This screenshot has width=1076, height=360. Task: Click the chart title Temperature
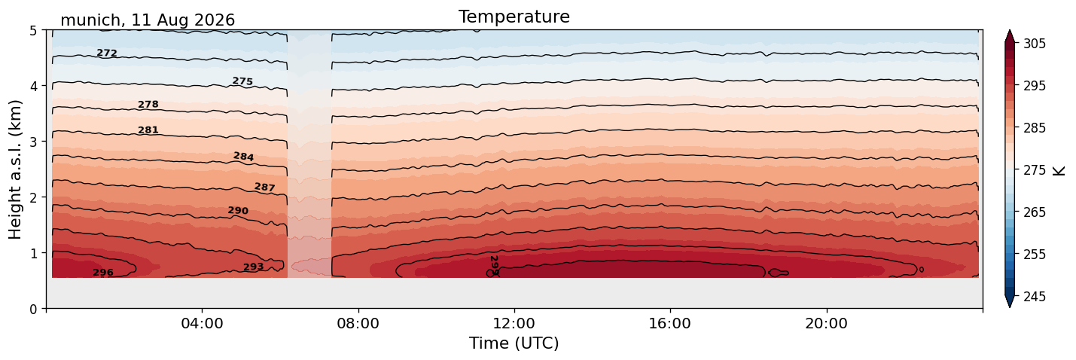[514, 17]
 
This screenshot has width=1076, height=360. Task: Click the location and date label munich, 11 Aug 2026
[148, 20]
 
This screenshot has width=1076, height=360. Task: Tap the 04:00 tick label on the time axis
[202, 323]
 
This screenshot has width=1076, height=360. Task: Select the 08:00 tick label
[358, 323]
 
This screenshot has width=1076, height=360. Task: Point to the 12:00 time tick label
[514, 323]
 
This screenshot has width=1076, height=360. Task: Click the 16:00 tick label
[670, 323]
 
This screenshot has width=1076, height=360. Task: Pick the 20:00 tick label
[826, 323]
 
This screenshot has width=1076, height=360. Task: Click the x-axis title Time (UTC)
[514, 343]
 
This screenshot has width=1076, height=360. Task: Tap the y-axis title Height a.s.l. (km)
[15, 169]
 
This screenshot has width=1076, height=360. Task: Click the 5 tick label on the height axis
[33, 31]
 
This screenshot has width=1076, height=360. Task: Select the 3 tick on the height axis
[33, 142]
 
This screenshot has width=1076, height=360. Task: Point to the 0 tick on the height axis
[33, 309]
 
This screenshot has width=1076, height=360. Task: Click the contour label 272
[107, 53]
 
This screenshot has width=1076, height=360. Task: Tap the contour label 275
[242, 81]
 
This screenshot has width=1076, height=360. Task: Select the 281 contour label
[148, 130]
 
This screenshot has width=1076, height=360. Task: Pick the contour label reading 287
[265, 187]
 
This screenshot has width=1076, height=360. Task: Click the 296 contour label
[103, 273]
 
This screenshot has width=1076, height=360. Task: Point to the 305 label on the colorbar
[1034, 44]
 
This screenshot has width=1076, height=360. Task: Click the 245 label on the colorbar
[1034, 297]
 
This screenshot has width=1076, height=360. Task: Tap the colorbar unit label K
[1059, 170]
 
